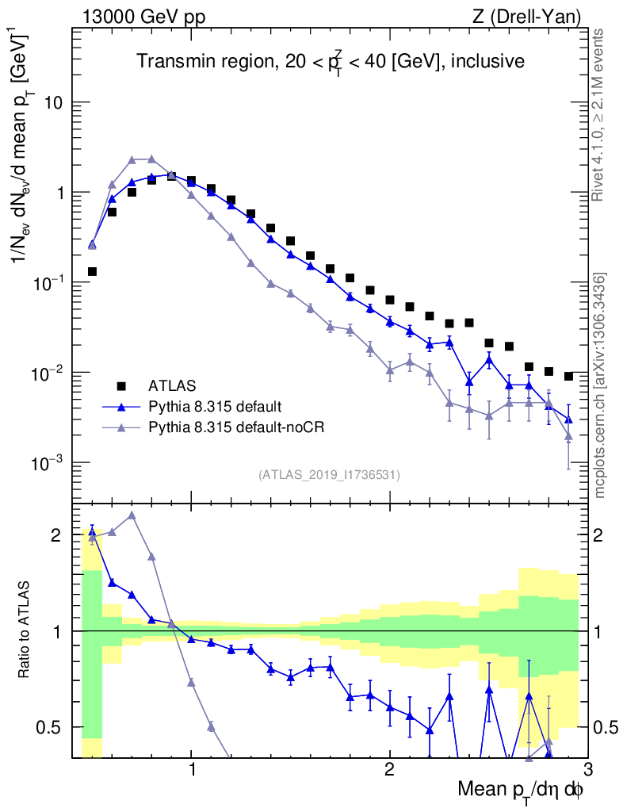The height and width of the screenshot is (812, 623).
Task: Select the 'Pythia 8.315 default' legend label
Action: pos(214,407)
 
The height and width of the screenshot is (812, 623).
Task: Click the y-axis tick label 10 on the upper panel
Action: pos(53,103)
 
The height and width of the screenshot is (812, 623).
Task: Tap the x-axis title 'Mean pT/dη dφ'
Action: pos(521,790)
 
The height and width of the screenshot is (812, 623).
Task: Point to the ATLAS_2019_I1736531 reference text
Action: pos(329,475)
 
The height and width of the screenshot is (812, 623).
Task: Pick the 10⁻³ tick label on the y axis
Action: pos(48,464)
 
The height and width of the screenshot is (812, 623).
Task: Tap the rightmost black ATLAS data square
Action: pos(568,376)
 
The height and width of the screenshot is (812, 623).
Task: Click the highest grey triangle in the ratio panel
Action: pos(132,515)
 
